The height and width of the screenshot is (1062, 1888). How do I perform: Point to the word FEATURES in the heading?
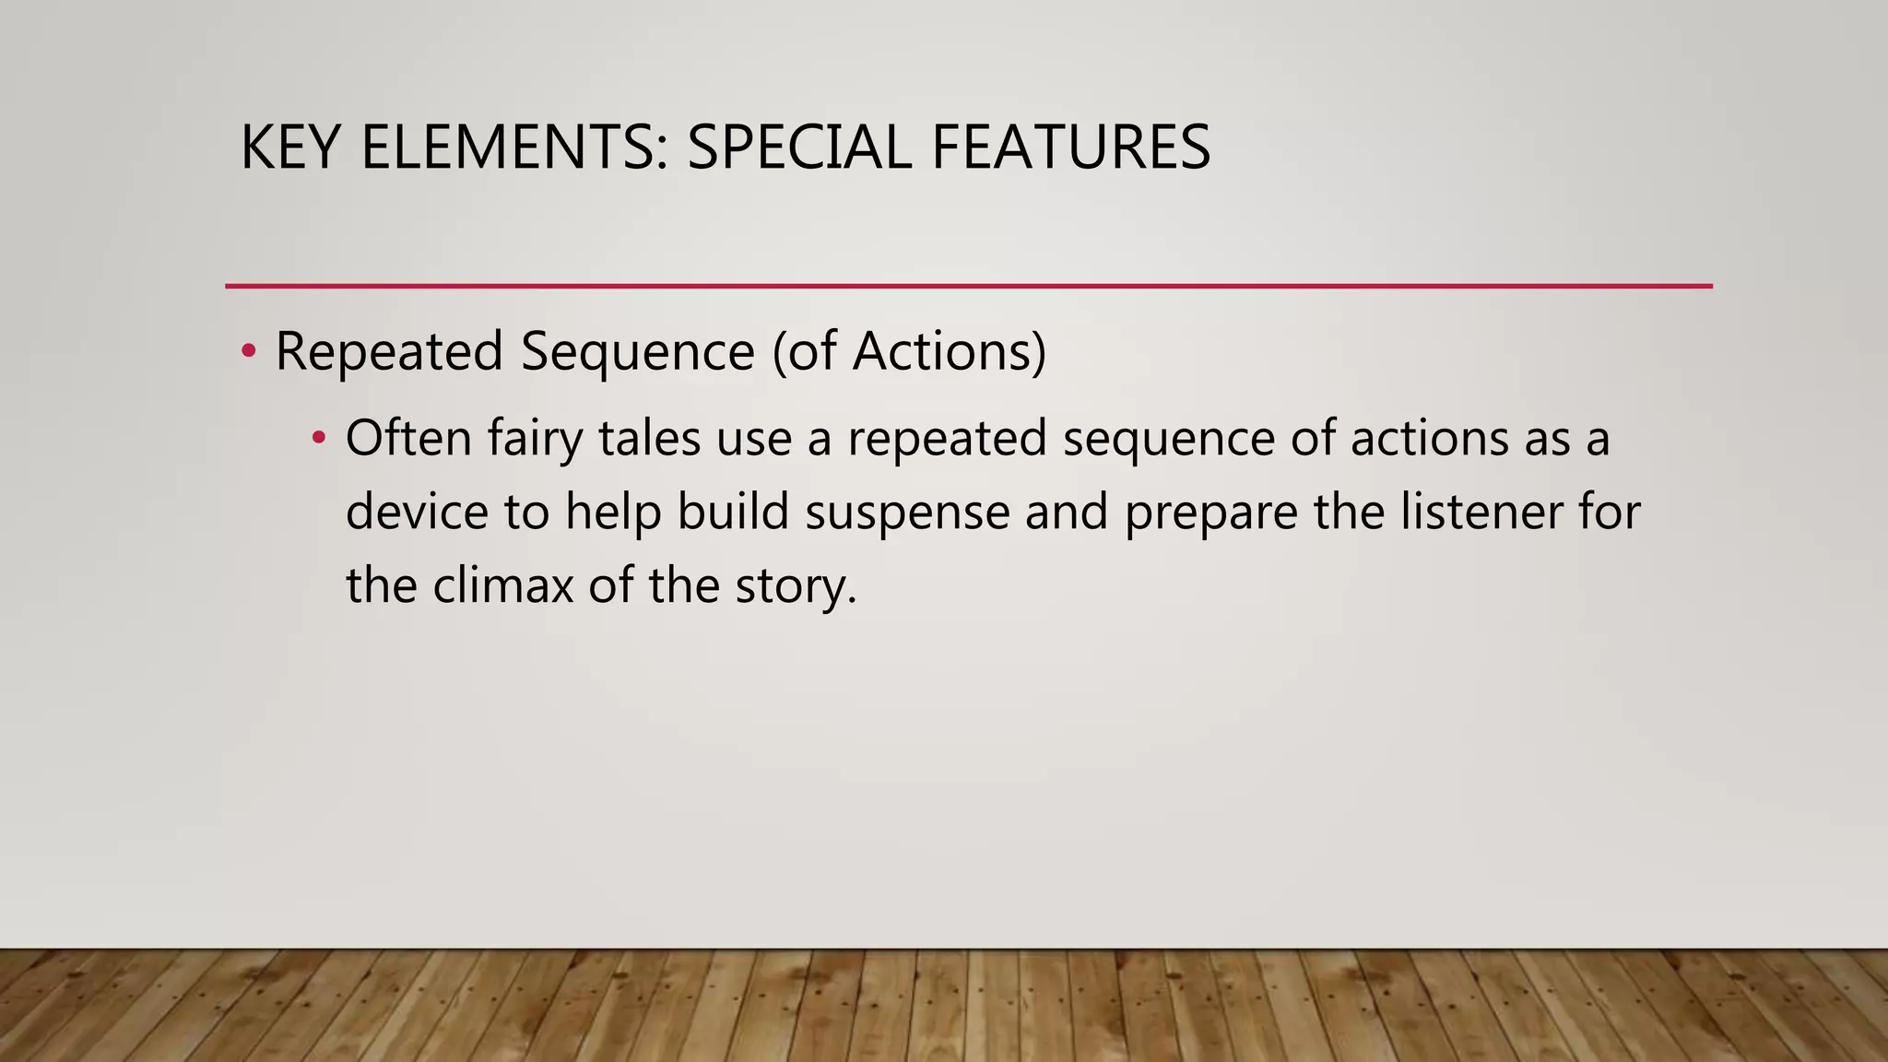click(1070, 147)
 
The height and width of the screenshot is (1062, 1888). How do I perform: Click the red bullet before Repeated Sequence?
click(248, 351)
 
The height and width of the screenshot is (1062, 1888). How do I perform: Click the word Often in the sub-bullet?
click(408, 438)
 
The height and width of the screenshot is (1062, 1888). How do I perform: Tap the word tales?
click(649, 438)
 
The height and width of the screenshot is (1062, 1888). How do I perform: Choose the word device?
click(417, 512)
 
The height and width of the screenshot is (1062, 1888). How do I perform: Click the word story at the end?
click(796, 587)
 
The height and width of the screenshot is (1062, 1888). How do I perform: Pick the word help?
click(613, 513)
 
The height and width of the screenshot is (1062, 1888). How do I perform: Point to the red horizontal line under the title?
click(968, 287)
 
